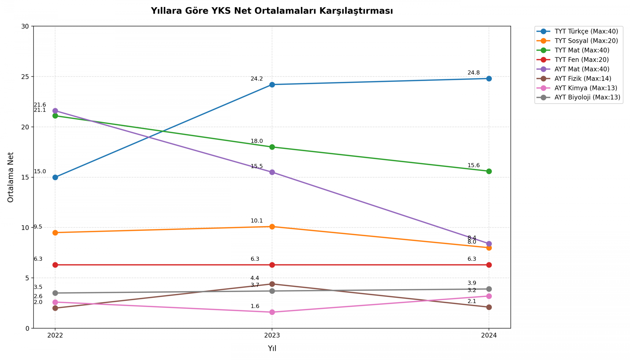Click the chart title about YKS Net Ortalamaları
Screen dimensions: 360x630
coord(272,11)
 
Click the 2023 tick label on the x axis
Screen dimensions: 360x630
coord(272,335)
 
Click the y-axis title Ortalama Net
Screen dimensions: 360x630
coord(11,177)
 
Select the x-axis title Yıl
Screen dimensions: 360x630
coord(272,348)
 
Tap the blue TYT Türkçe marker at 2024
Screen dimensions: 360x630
coord(489,79)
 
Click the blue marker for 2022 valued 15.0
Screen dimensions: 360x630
coord(55,177)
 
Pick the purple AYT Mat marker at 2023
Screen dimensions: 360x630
coord(272,172)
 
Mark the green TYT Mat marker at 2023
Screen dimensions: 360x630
coord(272,147)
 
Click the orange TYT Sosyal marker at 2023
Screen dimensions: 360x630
coord(272,227)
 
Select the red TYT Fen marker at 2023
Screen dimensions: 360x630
coord(272,265)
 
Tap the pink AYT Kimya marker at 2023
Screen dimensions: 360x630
coord(272,312)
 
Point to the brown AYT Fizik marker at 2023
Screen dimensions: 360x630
coord(272,284)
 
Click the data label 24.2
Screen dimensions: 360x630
coord(256,79)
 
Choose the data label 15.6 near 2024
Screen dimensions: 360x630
coord(473,166)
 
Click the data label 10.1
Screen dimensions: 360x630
coord(256,221)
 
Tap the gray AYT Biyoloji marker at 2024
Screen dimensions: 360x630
coord(489,289)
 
